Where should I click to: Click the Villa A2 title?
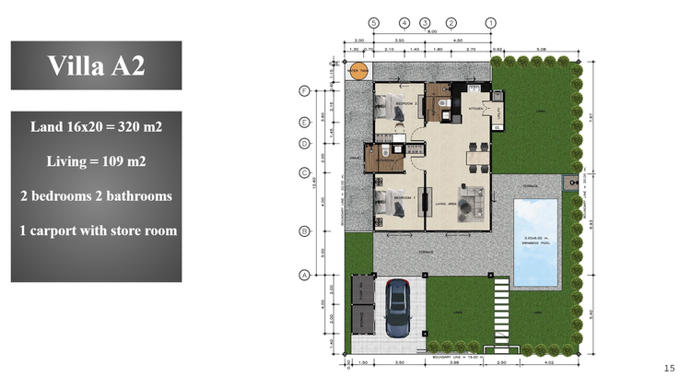point(96,65)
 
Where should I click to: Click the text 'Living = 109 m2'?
point(96,161)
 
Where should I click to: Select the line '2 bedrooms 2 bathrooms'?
point(96,196)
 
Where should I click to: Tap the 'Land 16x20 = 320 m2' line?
point(96,126)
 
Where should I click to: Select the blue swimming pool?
point(535,242)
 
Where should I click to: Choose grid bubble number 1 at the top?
point(491,23)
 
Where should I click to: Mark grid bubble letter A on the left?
point(303,275)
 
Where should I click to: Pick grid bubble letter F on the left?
point(303,90)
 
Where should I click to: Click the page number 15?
point(669,369)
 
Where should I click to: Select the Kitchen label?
point(475,108)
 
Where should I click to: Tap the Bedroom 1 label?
point(405,198)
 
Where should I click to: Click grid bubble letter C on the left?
point(303,172)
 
